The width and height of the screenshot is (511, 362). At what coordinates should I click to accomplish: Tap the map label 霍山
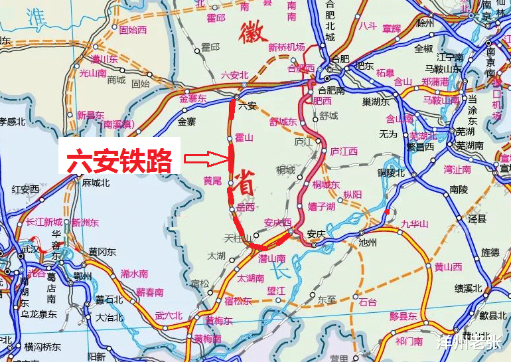pyautogui.click(x=245, y=137)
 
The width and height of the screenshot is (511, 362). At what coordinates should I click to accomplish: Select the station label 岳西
pyautogui.click(x=246, y=207)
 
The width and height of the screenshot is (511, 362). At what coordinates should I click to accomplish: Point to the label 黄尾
pyautogui.click(x=212, y=181)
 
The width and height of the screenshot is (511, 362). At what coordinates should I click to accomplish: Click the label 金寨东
pyautogui.click(x=193, y=99)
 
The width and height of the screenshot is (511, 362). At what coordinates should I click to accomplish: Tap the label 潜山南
pyautogui.click(x=272, y=258)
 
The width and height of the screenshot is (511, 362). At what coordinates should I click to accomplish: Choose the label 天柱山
pyautogui.click(x=237, y=238)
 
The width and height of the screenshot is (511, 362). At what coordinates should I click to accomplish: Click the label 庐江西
pyautogui.click(x=344, y=151)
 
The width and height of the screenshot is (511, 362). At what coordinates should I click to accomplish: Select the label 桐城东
pyautogui.click(x=326, y=184)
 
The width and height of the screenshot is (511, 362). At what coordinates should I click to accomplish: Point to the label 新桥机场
pyautogui.click(x=287, y=47)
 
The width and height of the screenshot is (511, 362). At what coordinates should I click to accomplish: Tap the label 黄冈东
pyautogui.click(x=102, y=252)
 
